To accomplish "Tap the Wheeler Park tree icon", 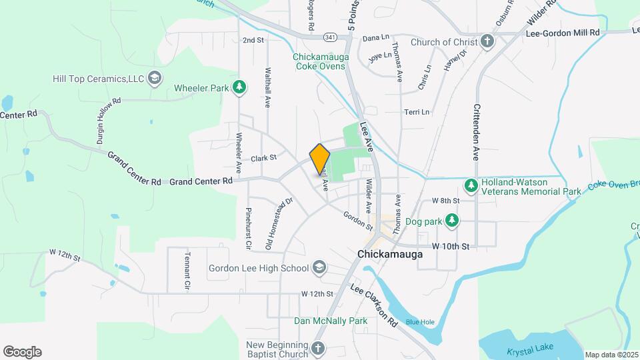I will [x=239, y=87].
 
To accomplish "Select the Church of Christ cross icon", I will [x=487, y=42].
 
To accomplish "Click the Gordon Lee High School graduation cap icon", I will [x=319, y=268].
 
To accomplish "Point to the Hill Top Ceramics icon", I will [x=155, y=79].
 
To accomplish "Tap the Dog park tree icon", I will [x=452, y=219].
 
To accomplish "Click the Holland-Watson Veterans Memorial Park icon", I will [x=471, y=185].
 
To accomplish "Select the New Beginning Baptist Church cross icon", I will [x=318, y=348].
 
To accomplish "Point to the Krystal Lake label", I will [x=541, y=351].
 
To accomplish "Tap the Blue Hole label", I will [x=420, y=322].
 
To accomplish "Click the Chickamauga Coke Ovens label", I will [x=321, y=61].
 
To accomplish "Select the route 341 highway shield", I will [x=329, y=36].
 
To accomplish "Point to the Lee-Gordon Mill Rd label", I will [x=563, y=32].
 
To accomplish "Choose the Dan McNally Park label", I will [x=331, y=321].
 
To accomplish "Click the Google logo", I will [x=22, y=352].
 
